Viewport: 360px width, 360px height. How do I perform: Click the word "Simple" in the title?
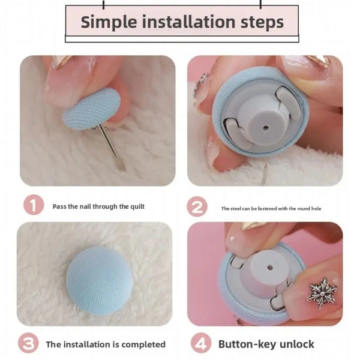pyautogui.click(x=109, y=22)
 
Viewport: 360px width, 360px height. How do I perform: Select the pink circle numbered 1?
pyautogui.click(x=34, y=205)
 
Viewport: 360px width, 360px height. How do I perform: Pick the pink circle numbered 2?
pyautogui.click(x=197, y=207)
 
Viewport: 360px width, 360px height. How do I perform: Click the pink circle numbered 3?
pyautogui.click(x=28, y=343)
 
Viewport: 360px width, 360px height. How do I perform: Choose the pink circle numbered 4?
pyautogui.click(x=201, y=343)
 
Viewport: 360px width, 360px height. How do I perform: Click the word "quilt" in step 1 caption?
pyautogui.click(x=137, y=207)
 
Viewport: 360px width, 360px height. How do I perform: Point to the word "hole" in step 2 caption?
pyautogui.click(x=316, y=208)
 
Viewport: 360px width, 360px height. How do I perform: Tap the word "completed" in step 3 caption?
pyautogui.click(x=143, y=344)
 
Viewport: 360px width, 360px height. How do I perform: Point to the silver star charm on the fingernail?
pyautogui.click(x=323, y=293)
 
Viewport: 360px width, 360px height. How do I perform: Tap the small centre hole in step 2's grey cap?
pyautogui.click(x=266, y=127)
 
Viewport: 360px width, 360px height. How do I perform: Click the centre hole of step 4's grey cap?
pyautogui.click(x=270, y=268)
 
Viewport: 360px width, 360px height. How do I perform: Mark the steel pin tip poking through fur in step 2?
pyautogui.click(x=265, y=165)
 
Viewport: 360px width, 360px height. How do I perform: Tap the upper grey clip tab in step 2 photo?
pyautogui.click(x=288, y=100)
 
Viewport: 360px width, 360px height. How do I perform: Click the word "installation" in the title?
pyautogui.click(x=189, y=22)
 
